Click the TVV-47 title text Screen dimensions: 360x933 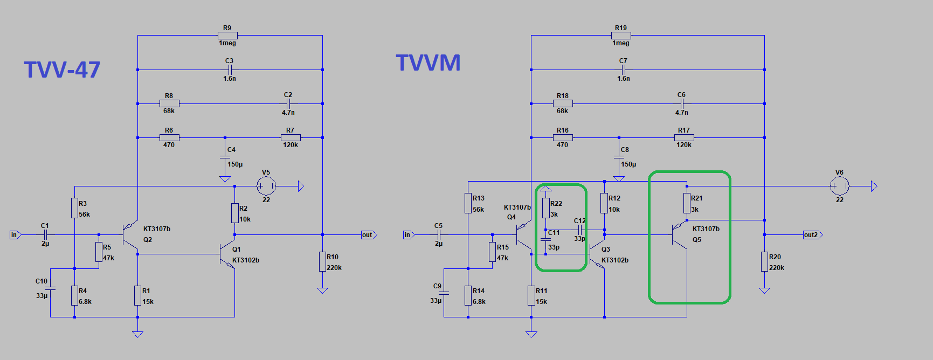(62, 70)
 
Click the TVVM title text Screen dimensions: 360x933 (428, 63)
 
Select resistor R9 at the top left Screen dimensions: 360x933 (227, 36)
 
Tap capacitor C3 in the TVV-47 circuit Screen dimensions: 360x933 (230, 70)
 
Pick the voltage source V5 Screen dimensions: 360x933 (266, 186)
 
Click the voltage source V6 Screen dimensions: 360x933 (839, 186)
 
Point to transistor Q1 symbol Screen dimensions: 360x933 (226, 254)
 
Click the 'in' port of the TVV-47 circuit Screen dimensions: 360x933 (15, 235)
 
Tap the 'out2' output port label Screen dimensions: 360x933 (811, 235)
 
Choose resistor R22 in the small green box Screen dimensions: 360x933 (546, 208)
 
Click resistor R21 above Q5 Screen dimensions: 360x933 (687, 203)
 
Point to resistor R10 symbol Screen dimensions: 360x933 (322, 262)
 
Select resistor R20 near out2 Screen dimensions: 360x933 (764, 262)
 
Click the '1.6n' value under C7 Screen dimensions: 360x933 (623, 79)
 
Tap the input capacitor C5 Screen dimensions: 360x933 (439, 235)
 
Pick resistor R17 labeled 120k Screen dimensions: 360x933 (684, 138)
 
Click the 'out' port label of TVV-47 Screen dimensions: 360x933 (368, 235)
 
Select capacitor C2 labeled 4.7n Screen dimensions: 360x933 (288, 103)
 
